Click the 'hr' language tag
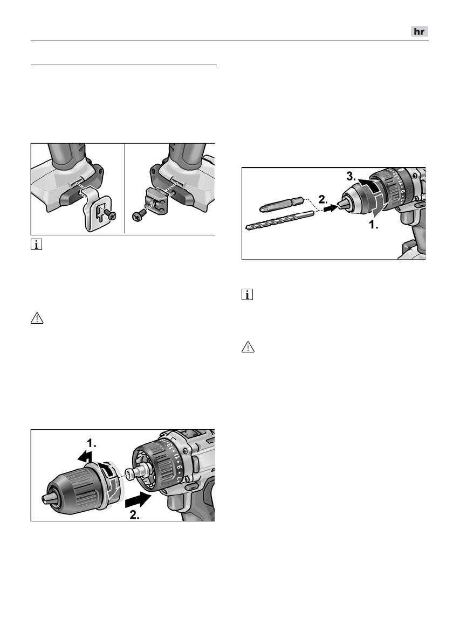tap(419, 32)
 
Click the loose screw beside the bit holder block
tap(138, 215)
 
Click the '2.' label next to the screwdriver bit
tap(324, 199)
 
